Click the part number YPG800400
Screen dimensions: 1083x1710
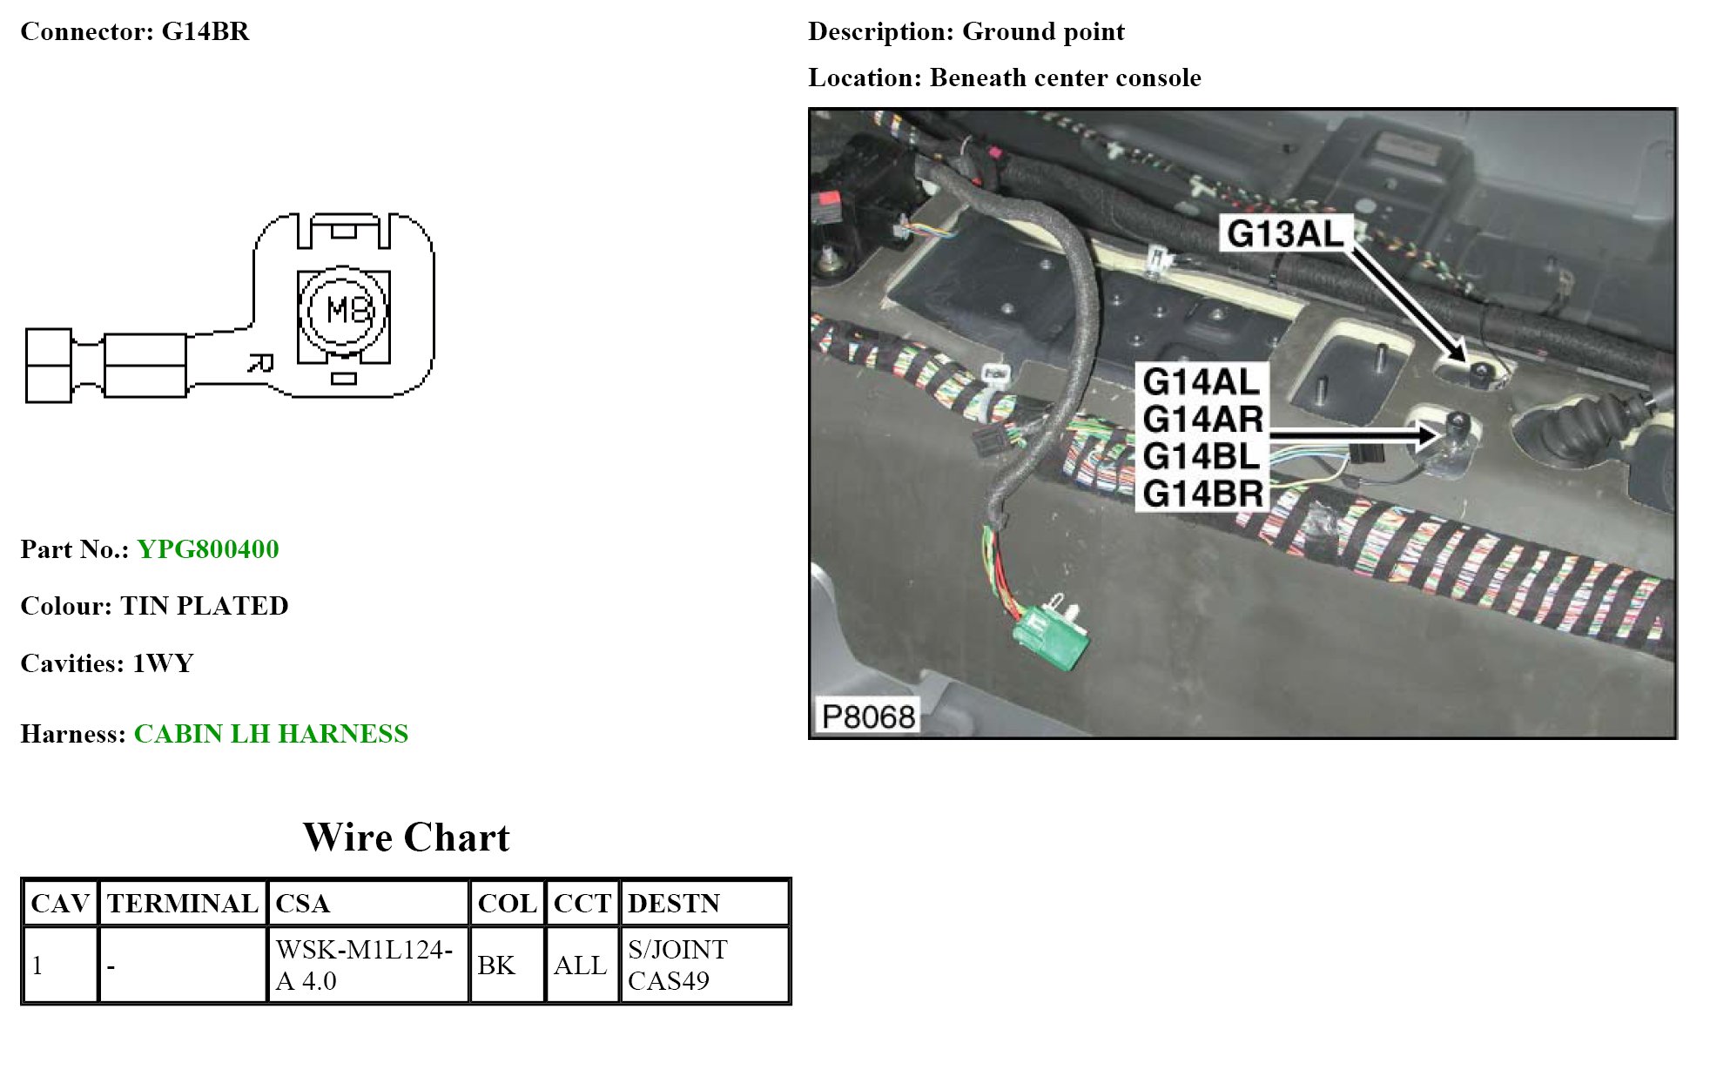(207, 549)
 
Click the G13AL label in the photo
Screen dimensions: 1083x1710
(1284, 233)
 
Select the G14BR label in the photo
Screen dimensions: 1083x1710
(1202, 494)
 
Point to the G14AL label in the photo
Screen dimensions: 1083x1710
(1201, 381)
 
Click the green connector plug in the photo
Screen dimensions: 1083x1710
(1050, 633)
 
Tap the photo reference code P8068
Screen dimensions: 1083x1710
(868, 716)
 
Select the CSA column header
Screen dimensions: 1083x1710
(302, 904)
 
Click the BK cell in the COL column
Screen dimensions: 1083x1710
(496, 965)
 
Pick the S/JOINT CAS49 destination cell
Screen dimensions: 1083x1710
(677, 965)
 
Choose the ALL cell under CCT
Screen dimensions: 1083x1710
(580, 965)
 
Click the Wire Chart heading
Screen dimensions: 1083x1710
(406, 837)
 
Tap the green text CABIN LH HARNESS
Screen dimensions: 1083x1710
(271, 734)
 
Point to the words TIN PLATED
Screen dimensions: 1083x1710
(205, 606)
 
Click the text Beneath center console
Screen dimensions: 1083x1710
(1065, 77)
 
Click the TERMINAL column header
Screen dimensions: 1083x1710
(183, 904)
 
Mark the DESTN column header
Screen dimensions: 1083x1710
(674, 904)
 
